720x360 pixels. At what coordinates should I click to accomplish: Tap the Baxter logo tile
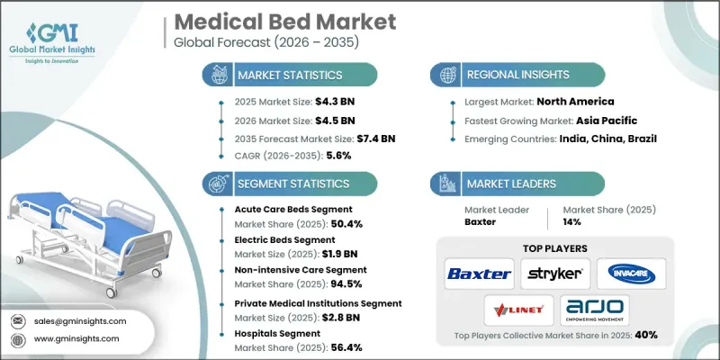(479, 273)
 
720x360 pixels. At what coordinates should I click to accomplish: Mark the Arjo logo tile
(594, 310)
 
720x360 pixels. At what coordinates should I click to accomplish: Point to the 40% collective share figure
(644, 335)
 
